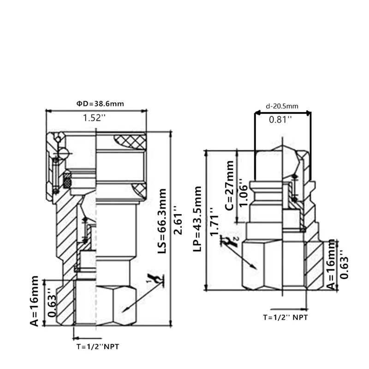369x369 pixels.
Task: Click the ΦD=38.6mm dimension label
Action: click(x=100, y=104)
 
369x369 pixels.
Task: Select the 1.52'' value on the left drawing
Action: click(x=94, y=118)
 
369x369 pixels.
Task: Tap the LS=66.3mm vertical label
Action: click(x=162, y=220)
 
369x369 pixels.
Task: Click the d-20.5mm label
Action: click(x=282, y=106)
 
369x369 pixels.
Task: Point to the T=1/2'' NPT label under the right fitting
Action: click(x=285, y=317)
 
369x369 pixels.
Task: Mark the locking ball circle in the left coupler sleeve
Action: click(x=63, y=154)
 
